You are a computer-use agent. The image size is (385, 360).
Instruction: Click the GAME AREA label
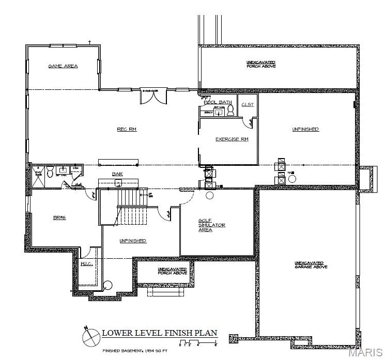click(63, 66)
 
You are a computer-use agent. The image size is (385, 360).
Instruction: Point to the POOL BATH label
click(217, 102)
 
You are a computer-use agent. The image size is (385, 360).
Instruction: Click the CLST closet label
click(248, 104)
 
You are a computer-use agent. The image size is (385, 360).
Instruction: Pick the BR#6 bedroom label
click(59, 217)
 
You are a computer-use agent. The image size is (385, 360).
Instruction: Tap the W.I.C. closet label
click(86, 264)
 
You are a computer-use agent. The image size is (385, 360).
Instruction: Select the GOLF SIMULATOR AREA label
click(212, 225)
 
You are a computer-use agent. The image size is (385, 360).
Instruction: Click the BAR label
click(117, 174)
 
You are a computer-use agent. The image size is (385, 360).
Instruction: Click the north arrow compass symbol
click(90, 337)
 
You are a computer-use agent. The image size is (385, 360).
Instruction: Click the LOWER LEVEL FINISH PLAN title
click(160, 333)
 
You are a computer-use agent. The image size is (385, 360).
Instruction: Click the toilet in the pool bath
click(230, 109)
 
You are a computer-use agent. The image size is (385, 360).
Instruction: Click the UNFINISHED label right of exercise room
click(305, 129)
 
